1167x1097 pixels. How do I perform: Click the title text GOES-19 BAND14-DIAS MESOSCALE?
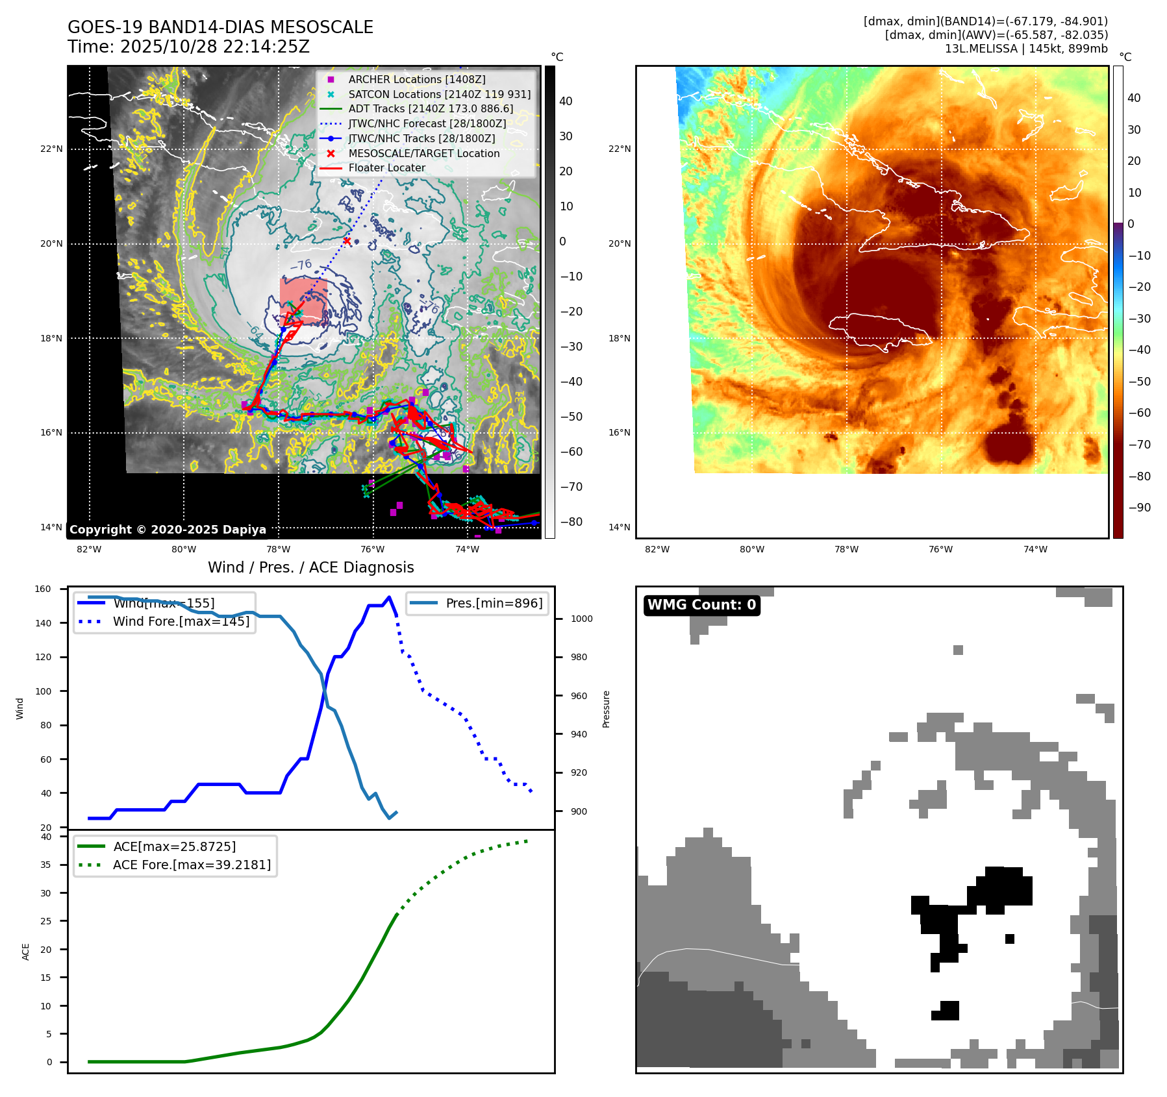pyautogui.click(x=220, y=27)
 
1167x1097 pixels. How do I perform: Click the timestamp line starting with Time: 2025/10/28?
pyautogui.click(x=188, y=47)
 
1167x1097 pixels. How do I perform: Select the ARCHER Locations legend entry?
pyautogui.click(x=416, y=79)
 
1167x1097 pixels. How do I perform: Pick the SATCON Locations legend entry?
pyautogui.click(x=439, y=94)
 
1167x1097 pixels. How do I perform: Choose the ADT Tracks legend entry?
pyautogui.click(x=431, y=109)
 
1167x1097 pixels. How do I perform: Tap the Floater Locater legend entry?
pyautogui.click(x=386, y=167)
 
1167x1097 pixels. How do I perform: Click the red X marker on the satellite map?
pyautogui.click(x=347, y=241)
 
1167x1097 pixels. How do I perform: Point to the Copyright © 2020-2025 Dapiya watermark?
pyautogui.click(x=168, y=530)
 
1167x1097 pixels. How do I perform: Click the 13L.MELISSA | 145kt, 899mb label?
pyautogui.click(x=1026, y=49)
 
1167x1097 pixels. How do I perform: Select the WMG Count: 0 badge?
pyautogui.click(x=701, y=605)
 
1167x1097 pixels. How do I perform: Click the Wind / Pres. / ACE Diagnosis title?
pyautogui.click(x=310, y=567)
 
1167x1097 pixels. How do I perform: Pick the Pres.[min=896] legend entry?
pyautogui.click(x=494, y=603)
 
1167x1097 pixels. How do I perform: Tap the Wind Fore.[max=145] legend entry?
pyautogui.click(x=181, y=621)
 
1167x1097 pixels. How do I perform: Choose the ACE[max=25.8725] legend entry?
pyautogui.click(x=174, y=846)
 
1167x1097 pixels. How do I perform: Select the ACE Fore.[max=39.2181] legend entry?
pyautogui.click(x=192, y=865)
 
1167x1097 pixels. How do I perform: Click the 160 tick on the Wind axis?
pyautogui.click(x=43, y=589)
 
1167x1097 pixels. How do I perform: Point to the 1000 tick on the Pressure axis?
pyautogui.click(x=581, y=619)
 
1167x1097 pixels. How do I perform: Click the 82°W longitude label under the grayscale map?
pyautogui.click(x=89, y=549)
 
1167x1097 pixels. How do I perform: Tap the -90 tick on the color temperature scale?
pyautogui.click(x=1139, y=508)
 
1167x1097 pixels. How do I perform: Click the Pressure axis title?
pyautogui.click(x=606, y=709)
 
